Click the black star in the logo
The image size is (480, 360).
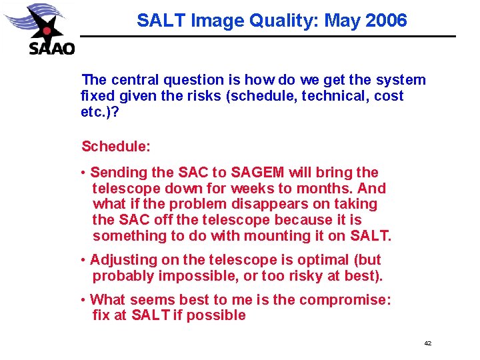point(45,29)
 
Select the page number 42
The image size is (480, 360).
point(427,343)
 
